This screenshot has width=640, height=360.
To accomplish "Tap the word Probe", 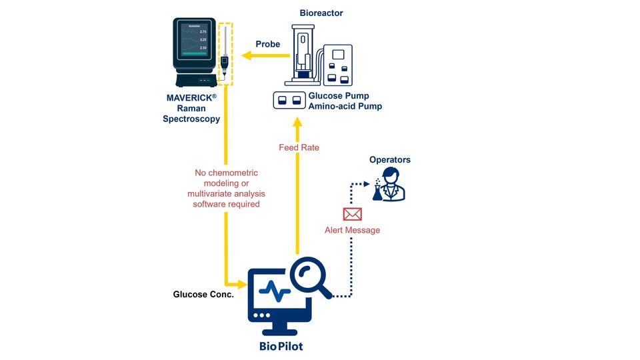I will (x=268, y=44).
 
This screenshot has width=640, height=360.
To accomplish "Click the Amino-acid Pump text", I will (x=345, y=107).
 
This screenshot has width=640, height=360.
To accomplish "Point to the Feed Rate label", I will (x=299, y=147).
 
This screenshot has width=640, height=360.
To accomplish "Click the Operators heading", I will (x=390, y=160).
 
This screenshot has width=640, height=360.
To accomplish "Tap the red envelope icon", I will (x=352, y=214).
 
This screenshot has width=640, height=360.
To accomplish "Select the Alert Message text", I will (x=352, y=230).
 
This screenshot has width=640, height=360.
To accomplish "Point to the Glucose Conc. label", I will (x=203, y=294).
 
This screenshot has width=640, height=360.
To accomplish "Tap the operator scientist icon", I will (x=391, y=185).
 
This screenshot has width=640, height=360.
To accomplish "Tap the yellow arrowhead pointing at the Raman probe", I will (x=247, y=57).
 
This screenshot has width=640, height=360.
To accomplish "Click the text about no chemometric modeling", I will (x=226, y=189).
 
